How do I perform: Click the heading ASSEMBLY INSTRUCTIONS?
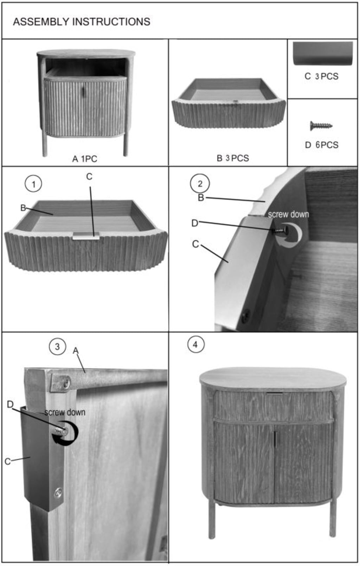[x=82, y=22]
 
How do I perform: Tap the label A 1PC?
[x=85, y=159]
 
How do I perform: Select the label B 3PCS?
[x=233, y=158]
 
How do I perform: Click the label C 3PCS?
[x=321, y=76]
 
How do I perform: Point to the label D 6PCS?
[x=322, y=145]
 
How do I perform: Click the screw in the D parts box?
[x=321, y=126]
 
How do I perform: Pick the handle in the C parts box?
[x=323, y=54]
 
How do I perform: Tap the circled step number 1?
[x=34, y=184]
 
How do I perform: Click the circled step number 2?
[x=200, y=184]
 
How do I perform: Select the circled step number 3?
[x=57, y=346]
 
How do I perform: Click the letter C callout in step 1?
[x=89, y=177]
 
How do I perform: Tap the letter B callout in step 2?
[x=201, y=198]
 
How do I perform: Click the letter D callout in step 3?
[x=10, y=405]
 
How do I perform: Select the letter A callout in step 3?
[x=76, y=351]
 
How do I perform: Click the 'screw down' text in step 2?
[x=288, y=214]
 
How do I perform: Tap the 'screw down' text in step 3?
[x=65, y=412]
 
